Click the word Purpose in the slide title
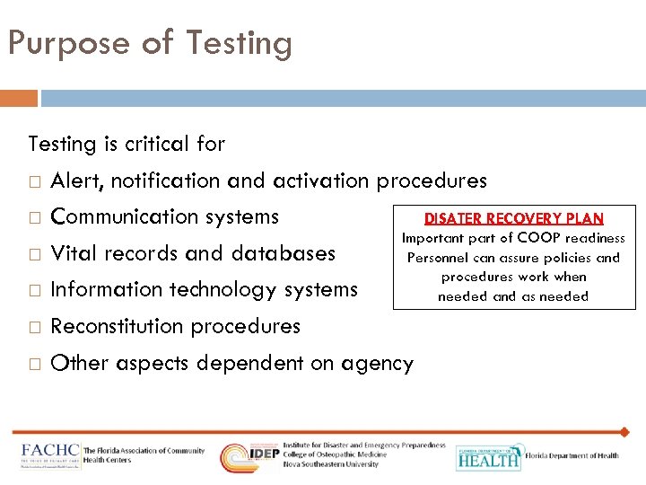point(62,44)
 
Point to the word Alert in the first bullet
point(77,181)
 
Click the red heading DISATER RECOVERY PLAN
point(513,218)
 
